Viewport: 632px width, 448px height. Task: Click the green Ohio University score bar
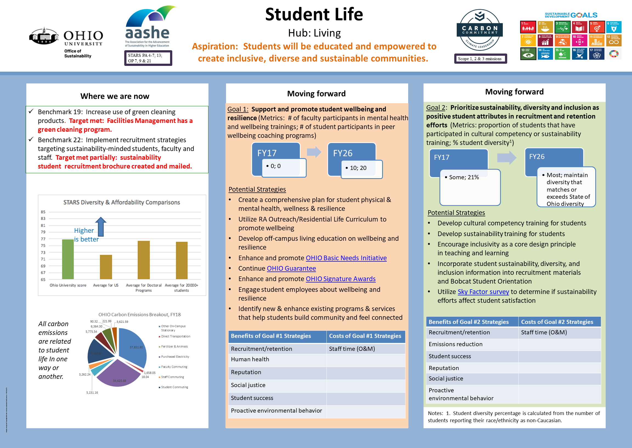click(68, 259)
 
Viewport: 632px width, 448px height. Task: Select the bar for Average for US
click(106, 267)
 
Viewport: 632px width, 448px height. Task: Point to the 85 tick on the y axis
click(43, 212)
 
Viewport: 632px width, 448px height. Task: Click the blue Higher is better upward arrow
click(101, 226)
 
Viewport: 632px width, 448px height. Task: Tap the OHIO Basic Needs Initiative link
click(346, 258)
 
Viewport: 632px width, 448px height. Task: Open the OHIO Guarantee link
click(291, 268)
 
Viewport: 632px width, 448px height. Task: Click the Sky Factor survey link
click(483, 292)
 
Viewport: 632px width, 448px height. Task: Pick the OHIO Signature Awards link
click(340, 279)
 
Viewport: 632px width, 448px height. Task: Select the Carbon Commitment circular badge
click(479, 30)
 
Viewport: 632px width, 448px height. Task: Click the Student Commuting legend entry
click(174, 387)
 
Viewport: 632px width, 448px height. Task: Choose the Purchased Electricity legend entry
click(175, 357)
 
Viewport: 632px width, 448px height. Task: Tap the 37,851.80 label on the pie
click(136, 347)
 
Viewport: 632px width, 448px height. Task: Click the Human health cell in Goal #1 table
click(250, 359)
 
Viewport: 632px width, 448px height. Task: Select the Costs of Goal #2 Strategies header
click(557, 322)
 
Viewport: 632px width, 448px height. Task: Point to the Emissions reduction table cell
click(455, 344)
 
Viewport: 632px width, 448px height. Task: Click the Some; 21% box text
click(464, 177)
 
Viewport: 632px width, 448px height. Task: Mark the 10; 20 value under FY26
click(358, 168)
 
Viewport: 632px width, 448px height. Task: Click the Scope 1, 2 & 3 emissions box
click(479, 59)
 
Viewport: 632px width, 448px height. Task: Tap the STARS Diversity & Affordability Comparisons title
click(122, 203)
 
